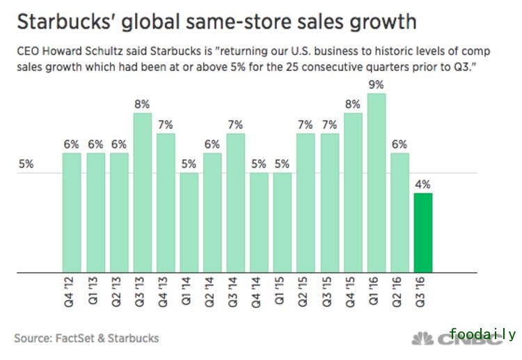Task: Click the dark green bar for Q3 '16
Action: coord(422,233)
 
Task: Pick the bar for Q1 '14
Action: coord(189,222)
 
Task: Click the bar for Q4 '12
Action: coord(72,212)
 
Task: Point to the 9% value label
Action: coord(376,85)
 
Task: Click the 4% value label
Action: coord(422,185)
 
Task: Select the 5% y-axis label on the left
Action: coord(26,165)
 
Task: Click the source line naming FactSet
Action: coord(86,338)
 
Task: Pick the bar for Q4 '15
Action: coord(353,192)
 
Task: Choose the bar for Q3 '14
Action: coord(235,202)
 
